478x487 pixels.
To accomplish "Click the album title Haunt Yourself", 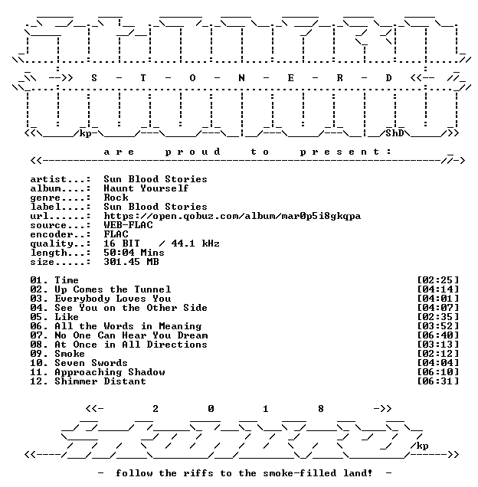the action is (146, 188).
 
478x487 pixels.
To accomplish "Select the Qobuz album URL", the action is (232, 216).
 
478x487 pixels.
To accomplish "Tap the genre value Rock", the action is (116, 198).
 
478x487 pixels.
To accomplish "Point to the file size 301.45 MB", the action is (131, 262).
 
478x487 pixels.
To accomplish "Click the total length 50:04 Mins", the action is (134, 253).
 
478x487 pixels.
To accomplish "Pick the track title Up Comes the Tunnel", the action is (113, 289).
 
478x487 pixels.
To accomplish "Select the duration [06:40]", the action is (438, 335).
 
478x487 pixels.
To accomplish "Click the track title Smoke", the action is (70, 354).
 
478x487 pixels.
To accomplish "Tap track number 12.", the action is (36, 381).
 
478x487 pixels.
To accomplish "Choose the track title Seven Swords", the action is (91, 363).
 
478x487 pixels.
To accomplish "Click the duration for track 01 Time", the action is (438, 280).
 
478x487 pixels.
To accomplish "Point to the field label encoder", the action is (51, 234).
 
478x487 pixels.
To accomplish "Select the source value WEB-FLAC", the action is (128, 225).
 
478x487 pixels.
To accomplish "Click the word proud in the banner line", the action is (193, 152).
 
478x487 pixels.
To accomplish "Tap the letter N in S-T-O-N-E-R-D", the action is (241, 78).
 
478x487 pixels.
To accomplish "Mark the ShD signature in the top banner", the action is (395, 133).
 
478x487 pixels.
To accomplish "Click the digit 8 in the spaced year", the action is (321, 409).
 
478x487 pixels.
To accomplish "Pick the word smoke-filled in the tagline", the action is (300, 473).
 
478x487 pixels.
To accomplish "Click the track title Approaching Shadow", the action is (110, 372).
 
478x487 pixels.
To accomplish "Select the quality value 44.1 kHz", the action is (195, 243).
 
